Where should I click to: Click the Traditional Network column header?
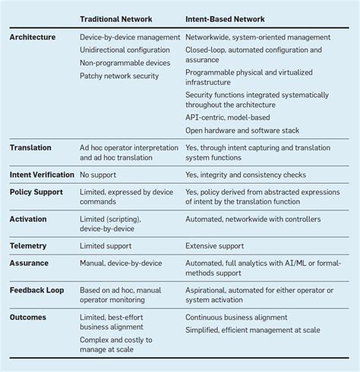coord(117,18)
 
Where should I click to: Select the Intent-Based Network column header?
coord(227,18)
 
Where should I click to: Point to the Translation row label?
coord(30,147)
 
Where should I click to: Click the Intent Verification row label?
coord(42,175)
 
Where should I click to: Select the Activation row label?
coord(28,219)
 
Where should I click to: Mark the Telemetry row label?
coord(28,246)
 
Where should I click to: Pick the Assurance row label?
coord(29,263)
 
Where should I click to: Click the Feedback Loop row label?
coord(36,291)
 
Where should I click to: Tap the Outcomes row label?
coord(28,318)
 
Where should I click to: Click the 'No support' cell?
coord(99,175)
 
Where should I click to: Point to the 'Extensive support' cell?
coord(215,246)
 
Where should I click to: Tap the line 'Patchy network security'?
coord(119,76)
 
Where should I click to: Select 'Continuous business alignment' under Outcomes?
coord(238,318)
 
